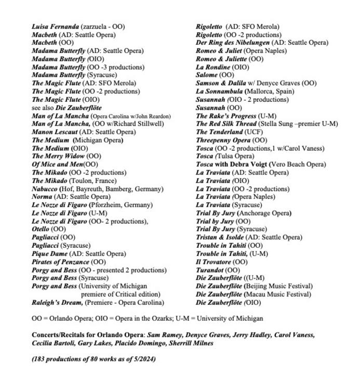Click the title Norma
[x=42, y=197]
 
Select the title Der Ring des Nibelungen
[x=232, y=43]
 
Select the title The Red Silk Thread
[x=226, y=124]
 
